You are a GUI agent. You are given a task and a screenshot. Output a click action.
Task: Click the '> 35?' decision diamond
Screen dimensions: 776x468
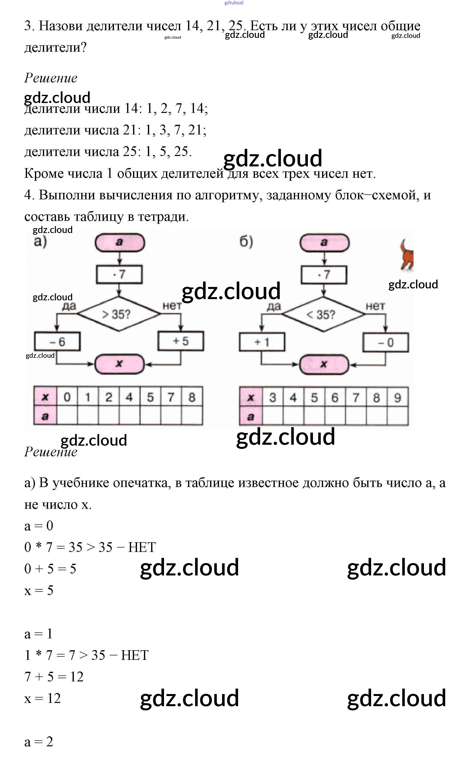(x=118, y=314)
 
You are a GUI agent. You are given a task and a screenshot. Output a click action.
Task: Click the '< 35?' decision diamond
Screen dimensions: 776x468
(x=323, y=314)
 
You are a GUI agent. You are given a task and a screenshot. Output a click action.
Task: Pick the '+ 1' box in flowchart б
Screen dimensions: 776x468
(x=262, y=342)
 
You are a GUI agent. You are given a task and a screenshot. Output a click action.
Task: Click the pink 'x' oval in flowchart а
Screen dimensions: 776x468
(x=119, y=364)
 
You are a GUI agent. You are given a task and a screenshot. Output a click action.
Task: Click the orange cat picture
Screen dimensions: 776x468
(x=406, y=255)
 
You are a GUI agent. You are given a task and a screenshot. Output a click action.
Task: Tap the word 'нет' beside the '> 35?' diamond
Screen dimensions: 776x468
(x=172, y=306)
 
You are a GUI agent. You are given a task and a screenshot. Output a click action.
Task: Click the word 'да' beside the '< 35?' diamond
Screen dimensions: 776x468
(x=274, y=306)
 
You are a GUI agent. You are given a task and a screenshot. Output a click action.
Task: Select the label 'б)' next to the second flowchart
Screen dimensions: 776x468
(x=246, y=242)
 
